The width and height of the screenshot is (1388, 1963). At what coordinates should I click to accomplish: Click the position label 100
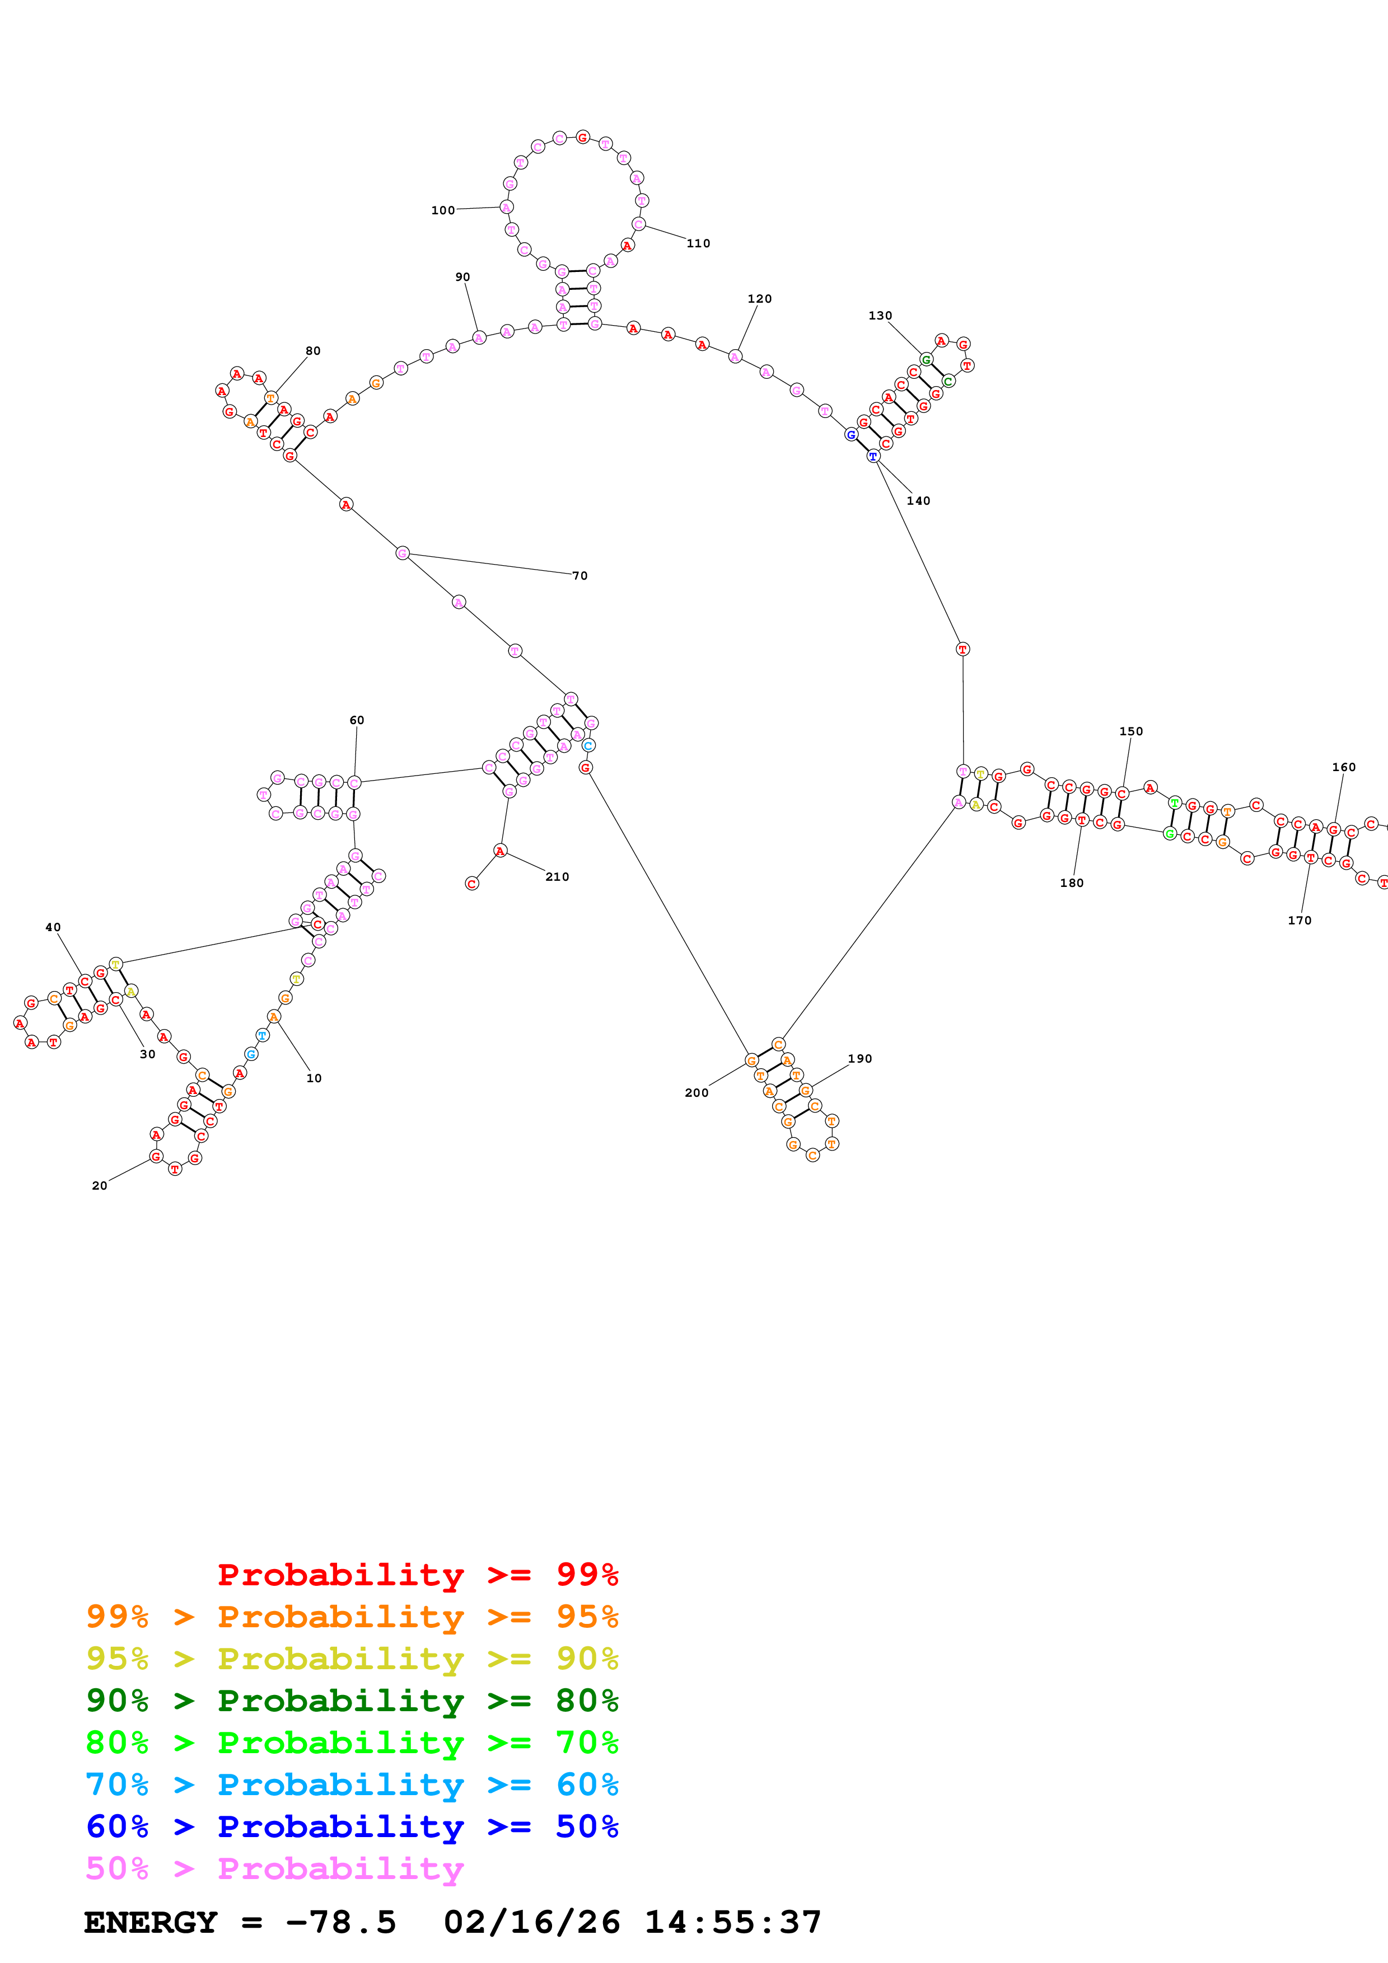point(442,210)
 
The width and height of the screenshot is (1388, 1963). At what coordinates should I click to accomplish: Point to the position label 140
point(918,501)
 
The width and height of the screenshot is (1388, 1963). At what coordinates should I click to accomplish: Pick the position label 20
point(99,1186)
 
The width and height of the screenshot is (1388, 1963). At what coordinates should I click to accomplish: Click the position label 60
point(357,721)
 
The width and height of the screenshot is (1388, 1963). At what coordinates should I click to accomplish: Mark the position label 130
point(880,316)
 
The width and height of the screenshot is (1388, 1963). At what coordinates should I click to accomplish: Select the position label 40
point(53,928)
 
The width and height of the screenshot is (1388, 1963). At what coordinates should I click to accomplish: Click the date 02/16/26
point(531,1923)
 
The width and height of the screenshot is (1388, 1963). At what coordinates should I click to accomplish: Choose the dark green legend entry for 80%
point(352,1701)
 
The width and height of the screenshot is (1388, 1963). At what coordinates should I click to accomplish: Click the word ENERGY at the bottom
point(151,1923)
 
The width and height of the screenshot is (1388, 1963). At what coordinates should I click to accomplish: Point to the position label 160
point(1344,768)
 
